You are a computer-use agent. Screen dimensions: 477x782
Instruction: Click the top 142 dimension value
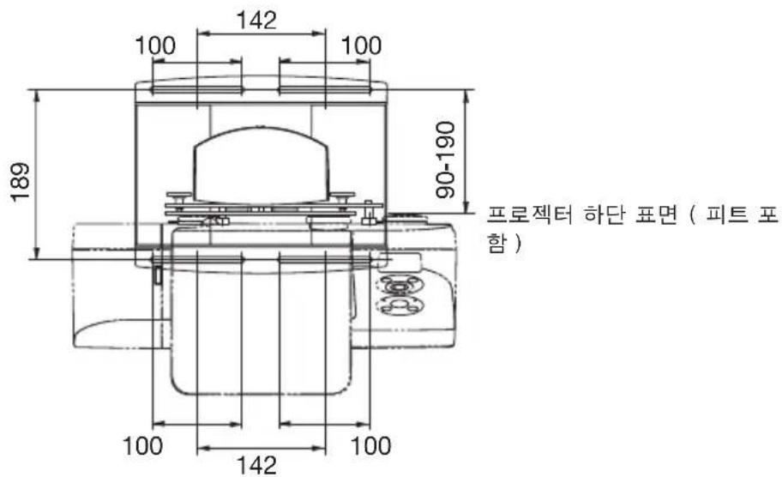pos(258,20)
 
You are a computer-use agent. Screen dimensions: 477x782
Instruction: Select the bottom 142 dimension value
pos(258,464)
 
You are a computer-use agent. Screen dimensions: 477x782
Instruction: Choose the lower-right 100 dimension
pos(370,444)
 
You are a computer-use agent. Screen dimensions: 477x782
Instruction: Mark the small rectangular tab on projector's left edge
pos(158,275)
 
